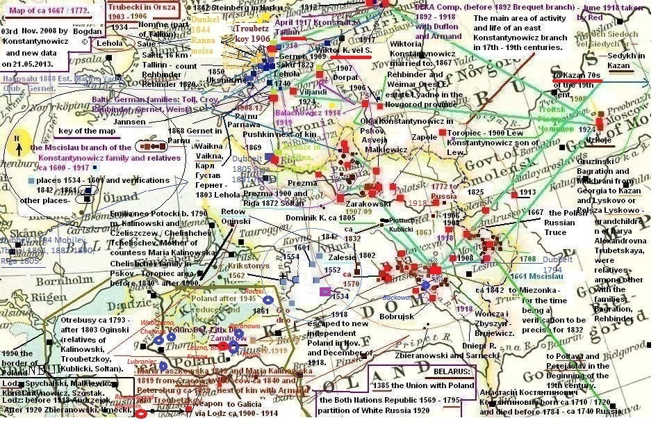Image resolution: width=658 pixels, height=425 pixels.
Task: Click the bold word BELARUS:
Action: pyautogui.click(x=448, y=372)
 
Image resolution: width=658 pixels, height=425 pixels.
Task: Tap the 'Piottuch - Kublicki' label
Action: pyautogui.click(x=400, y=223)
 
